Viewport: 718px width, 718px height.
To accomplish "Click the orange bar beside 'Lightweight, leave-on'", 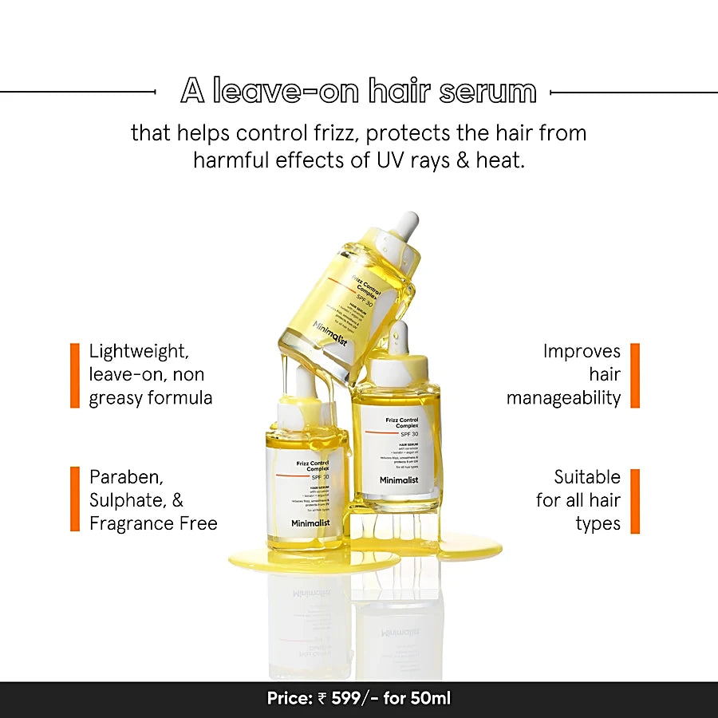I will coord(75,375).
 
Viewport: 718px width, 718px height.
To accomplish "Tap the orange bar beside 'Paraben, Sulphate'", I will coord(75,499).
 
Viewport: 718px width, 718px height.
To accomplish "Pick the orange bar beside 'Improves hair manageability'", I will coord(635,375).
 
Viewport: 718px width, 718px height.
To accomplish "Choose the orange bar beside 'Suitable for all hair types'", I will coord(635,500).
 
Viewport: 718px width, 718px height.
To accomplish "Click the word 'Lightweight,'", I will coord(140,351).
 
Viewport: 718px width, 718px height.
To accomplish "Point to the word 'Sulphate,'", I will coord(128,500).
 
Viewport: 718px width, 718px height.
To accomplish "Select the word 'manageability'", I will coord(563,397).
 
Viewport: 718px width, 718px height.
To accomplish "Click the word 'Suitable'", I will coord(587,477).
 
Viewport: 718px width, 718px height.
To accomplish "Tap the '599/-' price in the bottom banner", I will coord(347,699).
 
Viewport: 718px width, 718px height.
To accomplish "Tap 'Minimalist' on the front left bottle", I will coord(306,523).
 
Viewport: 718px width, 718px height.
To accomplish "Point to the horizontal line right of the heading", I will coord(633,93).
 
